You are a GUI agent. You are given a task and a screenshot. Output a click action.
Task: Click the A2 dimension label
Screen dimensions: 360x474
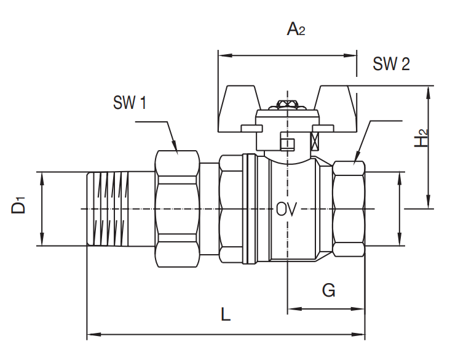point(296,30)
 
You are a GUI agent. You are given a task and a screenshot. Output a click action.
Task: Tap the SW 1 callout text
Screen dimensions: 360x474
point(129,103)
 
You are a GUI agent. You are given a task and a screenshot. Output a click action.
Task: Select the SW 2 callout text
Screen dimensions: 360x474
point(391,64)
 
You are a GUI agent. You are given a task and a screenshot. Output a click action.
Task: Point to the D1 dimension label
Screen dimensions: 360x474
point(19,204)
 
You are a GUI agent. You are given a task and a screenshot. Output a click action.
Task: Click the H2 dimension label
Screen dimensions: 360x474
point(421,138)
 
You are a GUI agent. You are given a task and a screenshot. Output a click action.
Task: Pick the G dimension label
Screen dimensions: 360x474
point(329,290)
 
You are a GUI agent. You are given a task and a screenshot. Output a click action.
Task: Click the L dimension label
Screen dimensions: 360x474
point(226,316)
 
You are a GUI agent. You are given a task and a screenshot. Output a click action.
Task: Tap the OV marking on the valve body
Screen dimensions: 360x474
point(286,210)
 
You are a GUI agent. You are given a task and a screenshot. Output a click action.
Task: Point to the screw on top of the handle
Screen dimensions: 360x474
point(285,105)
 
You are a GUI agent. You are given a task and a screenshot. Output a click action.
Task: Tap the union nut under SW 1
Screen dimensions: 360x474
point(177,209)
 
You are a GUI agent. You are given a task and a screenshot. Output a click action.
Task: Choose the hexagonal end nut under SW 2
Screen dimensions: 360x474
point(349,209)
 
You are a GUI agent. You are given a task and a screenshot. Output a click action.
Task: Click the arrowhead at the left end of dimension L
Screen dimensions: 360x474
point(91,335)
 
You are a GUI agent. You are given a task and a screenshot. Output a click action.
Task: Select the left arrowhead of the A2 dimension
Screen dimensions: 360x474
point(223,56)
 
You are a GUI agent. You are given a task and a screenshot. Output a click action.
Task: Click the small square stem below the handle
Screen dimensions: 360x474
point(287,143)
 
